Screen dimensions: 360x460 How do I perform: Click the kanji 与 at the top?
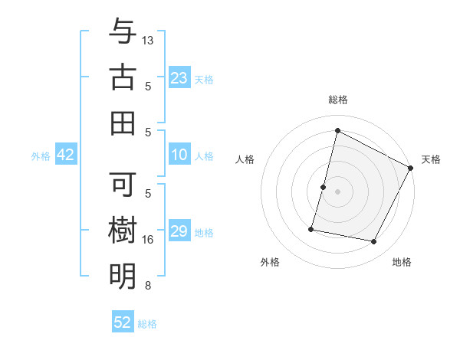click(x=123, y=32)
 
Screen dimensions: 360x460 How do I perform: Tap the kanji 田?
click(x=123, y=122)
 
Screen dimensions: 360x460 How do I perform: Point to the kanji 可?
click(x=123, y=185)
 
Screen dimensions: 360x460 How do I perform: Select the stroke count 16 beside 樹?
click(x=149, y=240)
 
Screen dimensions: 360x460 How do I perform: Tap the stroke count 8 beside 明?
click(x=148, y=286)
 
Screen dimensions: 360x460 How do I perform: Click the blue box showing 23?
click(x=179, y=77)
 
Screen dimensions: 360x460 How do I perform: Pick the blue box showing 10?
click(x=179, y=155)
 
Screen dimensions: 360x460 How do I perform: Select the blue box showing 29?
click(x=179, y=231)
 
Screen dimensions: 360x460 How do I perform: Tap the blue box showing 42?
click(x=66, y=155)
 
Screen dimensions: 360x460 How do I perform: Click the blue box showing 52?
click(x=123, y=322)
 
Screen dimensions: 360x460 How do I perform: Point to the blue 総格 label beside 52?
click(x=148, y=324)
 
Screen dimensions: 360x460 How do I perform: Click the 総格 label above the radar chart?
click(x=337, y=100)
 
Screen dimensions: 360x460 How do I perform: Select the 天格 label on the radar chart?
click(x=431, y=159)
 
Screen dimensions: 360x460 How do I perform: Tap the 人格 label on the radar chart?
click(x=245, y=159)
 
